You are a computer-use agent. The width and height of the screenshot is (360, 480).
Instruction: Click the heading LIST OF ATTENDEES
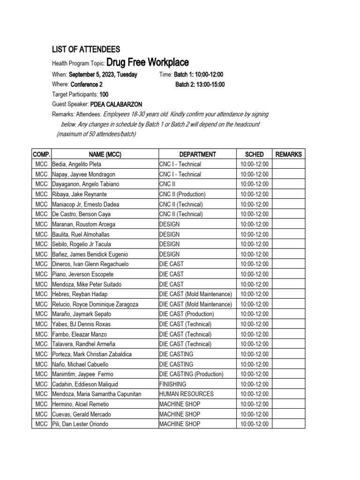(x=86, y=49)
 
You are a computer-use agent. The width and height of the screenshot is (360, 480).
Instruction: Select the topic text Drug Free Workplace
(x=148, y=62)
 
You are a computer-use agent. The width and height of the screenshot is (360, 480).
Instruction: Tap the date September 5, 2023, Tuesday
(x=103, y=75)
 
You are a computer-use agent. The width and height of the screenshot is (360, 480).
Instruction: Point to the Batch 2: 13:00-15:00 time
(x=200, y=84)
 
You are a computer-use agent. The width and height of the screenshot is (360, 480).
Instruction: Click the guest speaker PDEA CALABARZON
(x=116, y=105)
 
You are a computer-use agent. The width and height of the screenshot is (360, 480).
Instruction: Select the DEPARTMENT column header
(x=197, y=154)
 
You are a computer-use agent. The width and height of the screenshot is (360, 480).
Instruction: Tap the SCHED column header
(x=254, y=154)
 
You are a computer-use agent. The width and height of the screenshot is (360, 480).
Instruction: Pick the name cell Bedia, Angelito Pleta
(x=76, y=165)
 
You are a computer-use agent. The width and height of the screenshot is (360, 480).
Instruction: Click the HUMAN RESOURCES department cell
(x=187, y=394)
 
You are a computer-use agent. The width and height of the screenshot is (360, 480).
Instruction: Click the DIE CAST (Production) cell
(x=187, y=314)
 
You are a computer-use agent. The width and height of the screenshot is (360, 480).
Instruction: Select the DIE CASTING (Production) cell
(x=191, y=374)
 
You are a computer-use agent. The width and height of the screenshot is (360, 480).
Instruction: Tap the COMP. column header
(x=41, y=154)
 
